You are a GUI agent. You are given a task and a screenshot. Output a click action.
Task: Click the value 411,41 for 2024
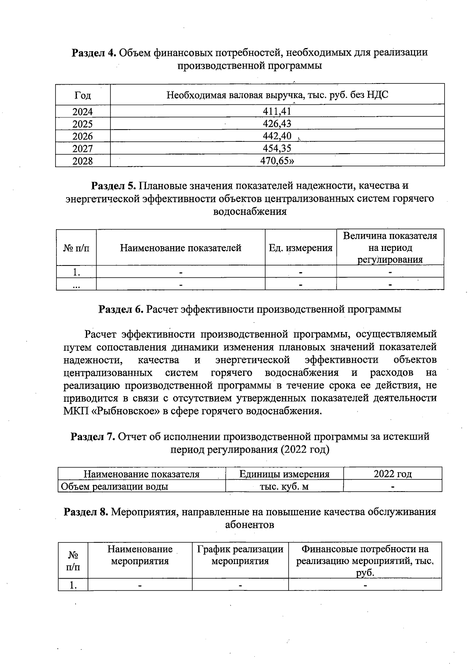277,111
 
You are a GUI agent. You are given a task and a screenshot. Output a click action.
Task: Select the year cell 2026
82,136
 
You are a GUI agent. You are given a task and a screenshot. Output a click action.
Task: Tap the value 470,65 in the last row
277,161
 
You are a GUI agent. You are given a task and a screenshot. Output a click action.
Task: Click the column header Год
82,95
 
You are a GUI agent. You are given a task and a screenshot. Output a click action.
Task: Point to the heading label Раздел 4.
93,52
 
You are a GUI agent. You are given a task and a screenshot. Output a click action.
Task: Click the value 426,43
277,124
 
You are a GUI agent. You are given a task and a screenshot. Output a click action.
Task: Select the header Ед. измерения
300,248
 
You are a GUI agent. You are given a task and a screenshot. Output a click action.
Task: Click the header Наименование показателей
181,248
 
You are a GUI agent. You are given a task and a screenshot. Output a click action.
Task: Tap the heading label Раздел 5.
114,185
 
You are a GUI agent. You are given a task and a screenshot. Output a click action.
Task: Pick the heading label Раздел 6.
121,309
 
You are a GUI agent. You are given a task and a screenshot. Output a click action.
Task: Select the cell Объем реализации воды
115,486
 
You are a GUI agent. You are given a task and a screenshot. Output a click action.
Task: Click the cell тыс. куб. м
284,486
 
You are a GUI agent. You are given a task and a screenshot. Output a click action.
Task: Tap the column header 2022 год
393,474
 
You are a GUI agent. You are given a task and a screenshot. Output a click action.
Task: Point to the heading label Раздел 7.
93,436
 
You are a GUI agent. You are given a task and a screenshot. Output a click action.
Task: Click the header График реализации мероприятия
240,555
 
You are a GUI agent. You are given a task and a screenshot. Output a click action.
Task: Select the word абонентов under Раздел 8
250,525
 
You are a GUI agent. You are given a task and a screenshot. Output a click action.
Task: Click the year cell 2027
82,148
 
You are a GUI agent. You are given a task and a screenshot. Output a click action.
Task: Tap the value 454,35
277,148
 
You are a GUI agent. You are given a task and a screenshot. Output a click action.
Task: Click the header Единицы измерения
284,474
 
